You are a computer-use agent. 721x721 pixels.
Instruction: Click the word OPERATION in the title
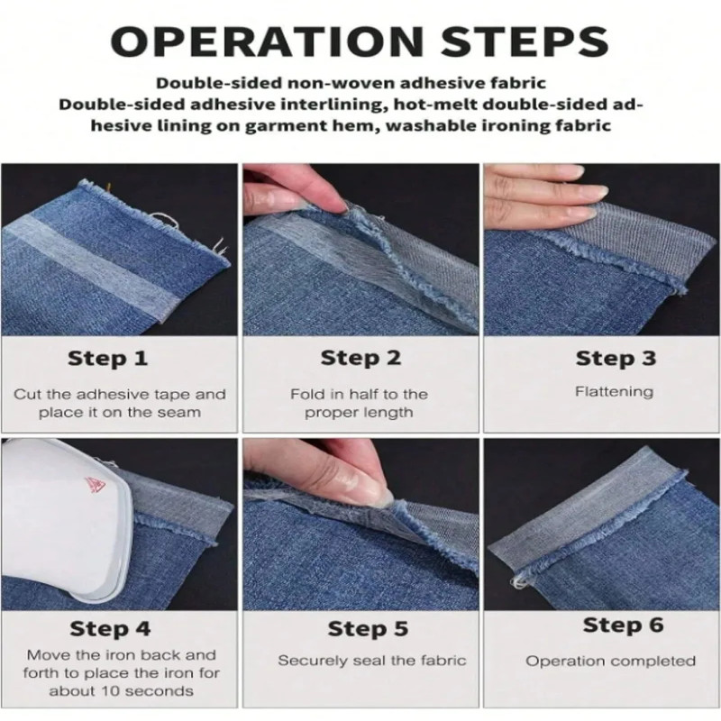coord(267,41)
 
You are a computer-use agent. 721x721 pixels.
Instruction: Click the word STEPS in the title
coord(525,41)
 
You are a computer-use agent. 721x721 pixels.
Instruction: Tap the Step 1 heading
coord(107,358)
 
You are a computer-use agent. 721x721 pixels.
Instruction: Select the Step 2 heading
coord(361,358)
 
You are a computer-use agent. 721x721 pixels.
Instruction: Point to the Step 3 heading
coord(616,358)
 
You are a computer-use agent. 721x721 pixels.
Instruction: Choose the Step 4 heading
coord(110,628)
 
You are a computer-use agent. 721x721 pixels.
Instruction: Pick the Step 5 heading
coord(368,628)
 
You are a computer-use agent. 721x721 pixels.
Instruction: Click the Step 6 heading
coord(623,625)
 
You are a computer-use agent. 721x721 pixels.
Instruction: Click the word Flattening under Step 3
coord(615,392)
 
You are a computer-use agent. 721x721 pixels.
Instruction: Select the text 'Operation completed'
coord(611,662)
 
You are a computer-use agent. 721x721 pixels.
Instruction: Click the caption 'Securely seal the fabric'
coord(372,661)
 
